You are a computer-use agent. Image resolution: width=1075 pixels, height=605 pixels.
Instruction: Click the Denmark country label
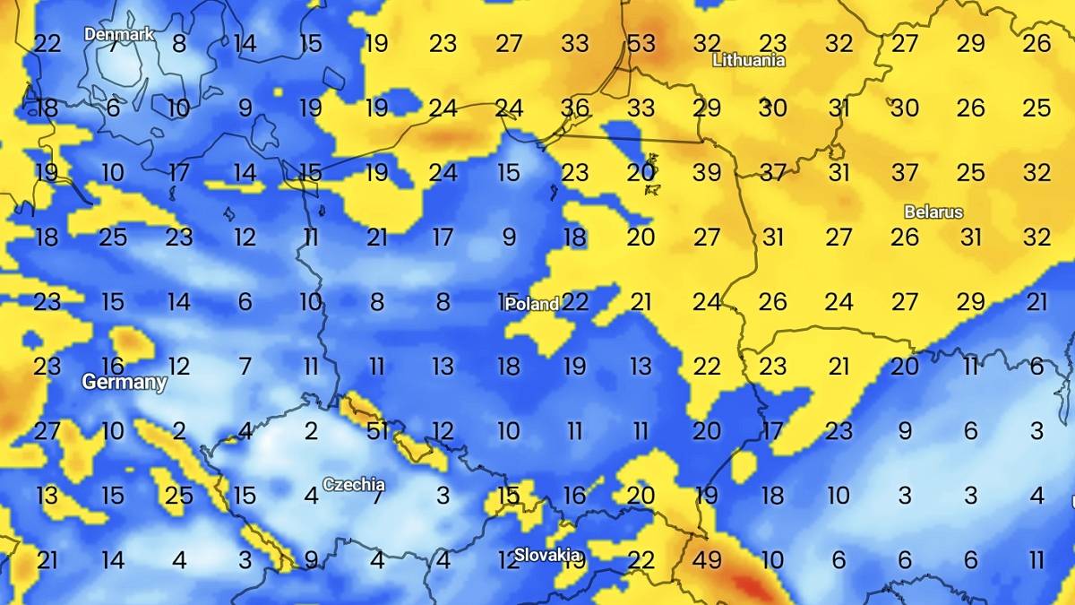click(119, 34)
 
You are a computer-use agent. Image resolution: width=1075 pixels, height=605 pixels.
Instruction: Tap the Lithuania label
click(748, 60)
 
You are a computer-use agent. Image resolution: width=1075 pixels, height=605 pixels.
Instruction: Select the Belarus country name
click(933, 212)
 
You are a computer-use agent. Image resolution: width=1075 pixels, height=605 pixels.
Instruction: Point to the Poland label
click(532, 304)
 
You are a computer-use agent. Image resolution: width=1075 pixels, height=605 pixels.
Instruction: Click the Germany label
click(125, 382)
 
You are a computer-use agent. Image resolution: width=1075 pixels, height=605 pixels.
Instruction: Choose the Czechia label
click(354, 484)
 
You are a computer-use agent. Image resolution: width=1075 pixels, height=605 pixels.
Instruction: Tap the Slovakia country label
click(546, 555)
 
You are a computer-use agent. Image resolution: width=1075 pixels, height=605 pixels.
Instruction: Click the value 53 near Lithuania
click(641, 43)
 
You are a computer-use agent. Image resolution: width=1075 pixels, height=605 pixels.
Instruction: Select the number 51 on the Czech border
click(377, 431)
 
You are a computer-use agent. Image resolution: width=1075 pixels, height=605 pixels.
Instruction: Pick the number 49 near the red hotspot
click(707, 560)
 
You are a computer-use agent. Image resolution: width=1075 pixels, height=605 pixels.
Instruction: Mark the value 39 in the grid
click(707, 172)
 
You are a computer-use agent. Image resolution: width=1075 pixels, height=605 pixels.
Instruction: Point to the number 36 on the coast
click(575, 108)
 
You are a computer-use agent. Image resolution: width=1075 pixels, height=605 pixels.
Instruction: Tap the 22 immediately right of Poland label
click(575, 302)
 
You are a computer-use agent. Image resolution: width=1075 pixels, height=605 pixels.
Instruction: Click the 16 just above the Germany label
click(113, 366)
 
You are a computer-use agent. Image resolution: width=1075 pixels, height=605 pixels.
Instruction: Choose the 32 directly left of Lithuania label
click(707, 43)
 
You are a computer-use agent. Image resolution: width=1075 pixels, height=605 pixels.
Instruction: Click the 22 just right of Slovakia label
click(641, 560)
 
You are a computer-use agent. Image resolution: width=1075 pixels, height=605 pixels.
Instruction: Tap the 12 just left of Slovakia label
click(508, 560)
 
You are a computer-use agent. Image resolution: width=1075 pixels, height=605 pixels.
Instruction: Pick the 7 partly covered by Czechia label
click(377, 496)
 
